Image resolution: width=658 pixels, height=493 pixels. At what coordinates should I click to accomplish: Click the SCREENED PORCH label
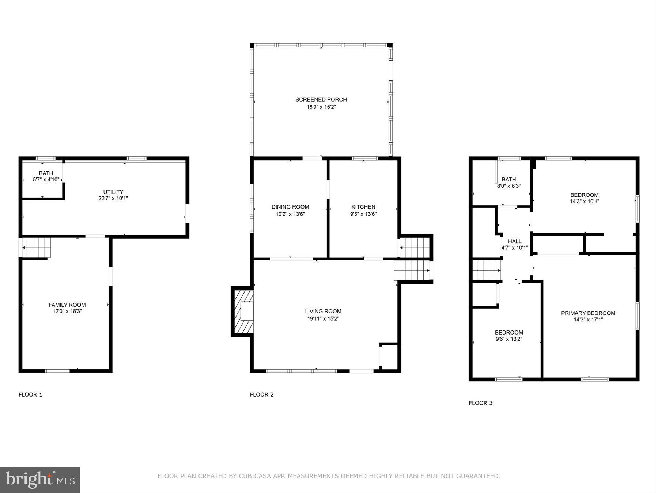[x=321, y=99]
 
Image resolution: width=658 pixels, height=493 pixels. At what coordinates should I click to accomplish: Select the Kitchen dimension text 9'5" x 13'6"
[x=363, y=214]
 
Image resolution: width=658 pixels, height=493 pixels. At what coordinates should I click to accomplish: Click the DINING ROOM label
[x=290, y=207]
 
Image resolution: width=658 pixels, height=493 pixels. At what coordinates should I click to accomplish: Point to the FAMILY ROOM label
[x=67, y=305]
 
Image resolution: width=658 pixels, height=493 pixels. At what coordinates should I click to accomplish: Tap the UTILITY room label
[x=113, y=192]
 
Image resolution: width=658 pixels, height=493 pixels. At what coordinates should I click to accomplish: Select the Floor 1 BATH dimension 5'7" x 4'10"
[x=46, y=180]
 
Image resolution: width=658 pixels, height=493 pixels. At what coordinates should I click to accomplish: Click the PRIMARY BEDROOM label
[x=588, y=313]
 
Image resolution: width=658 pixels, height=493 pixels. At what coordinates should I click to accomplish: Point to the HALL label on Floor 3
[x=515, y=241]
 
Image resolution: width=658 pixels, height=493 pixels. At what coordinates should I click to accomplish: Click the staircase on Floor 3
[x=486, y=270]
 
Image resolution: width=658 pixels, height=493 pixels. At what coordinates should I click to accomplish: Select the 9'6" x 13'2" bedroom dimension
[x=509, y=339]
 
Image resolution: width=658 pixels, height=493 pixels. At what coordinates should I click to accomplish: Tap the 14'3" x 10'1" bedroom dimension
[x=584, y=201]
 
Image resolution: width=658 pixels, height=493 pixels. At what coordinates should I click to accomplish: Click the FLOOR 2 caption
[x=261, y=394]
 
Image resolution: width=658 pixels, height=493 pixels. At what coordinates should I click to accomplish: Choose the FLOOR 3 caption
[x=480, y=403]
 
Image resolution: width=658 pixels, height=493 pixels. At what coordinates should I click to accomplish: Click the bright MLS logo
[x=40, y=479]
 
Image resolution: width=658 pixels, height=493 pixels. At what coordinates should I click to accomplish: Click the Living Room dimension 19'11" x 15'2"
[x=323, y=318]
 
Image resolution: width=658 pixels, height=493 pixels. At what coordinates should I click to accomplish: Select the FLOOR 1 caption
[x=30, y=394]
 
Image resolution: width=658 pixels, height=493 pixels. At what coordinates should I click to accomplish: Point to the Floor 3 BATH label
[x=508, y=179]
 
